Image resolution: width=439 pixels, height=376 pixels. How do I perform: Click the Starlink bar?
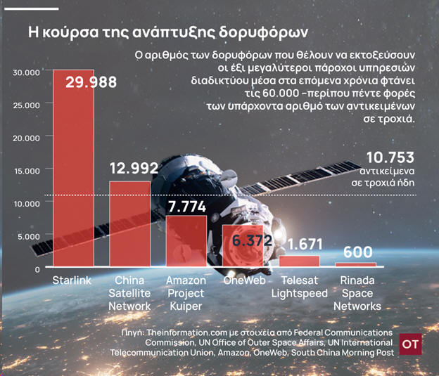pos(73,169)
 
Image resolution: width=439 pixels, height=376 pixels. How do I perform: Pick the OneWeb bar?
pos(243,245)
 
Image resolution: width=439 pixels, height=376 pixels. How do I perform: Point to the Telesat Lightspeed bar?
pos(299,261)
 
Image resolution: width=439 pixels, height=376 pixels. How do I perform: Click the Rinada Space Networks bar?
pos(355,264)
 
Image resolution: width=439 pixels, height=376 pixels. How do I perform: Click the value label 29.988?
pos(91,82)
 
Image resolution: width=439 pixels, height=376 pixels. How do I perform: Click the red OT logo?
pos(410,344)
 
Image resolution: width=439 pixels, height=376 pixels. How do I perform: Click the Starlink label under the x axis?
pos(72,280)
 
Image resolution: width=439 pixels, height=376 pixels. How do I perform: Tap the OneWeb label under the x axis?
pos(243,280)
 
